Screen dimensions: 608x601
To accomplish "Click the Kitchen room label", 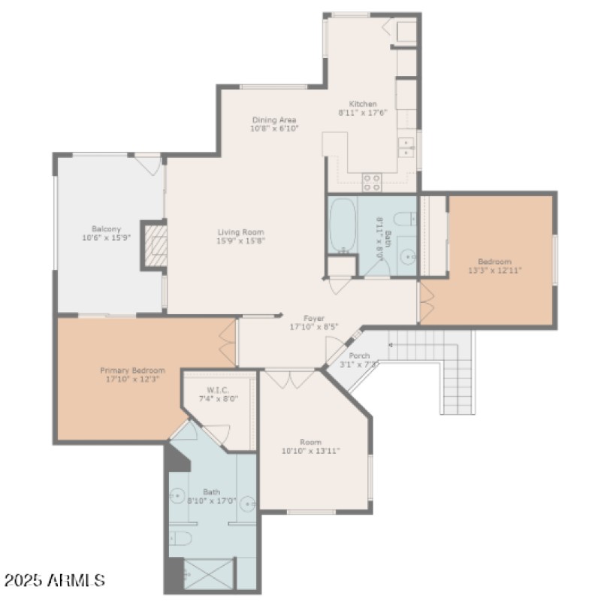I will (362, 104).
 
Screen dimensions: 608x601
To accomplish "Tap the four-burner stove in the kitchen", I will (372, 181).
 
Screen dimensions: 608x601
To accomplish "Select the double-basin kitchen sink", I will (406, 146).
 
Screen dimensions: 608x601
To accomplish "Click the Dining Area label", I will (273, 119).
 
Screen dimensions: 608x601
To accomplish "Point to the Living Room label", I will (240, 232).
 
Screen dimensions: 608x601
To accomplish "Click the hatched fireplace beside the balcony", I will (156, 245).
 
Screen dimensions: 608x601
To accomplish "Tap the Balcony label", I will (106, 229).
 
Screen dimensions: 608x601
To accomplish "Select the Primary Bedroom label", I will (132, 371).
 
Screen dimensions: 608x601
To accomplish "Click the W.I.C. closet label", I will (218, 390).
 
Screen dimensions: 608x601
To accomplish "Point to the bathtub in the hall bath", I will (343, 224).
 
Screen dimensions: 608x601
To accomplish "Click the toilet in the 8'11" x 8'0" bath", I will (403, 219).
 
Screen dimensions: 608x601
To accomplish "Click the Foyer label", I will (314, 318).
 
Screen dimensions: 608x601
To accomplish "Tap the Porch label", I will (359, 355).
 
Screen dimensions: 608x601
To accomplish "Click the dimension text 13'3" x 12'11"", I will (495, 270).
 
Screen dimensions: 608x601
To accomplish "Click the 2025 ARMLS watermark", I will (53, 581).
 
